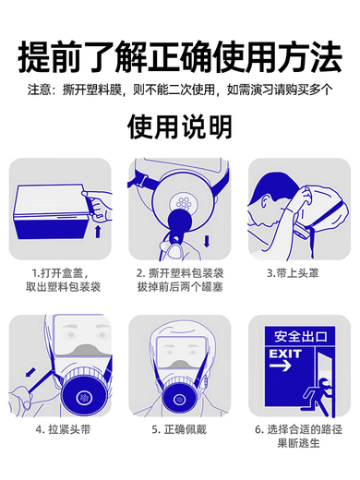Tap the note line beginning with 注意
point(180,90)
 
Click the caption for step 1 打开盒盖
point(60,281)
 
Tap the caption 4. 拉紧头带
point(60,429)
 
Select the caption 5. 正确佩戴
point(180,429)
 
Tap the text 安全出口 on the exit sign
point(291,335)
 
